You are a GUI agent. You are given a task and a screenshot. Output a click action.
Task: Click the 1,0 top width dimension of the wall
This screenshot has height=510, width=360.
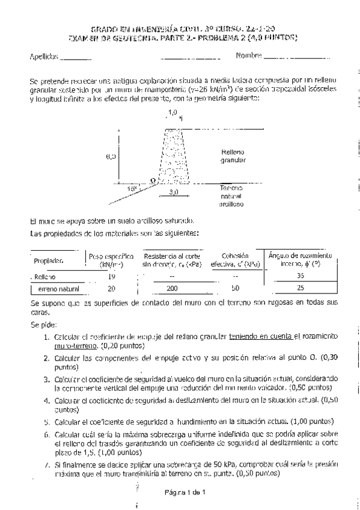tap(172, 113)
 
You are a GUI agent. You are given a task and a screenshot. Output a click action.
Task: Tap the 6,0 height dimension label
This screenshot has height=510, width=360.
tap(111, 156)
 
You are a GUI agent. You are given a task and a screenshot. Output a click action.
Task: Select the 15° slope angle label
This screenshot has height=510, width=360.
tap(132, 189)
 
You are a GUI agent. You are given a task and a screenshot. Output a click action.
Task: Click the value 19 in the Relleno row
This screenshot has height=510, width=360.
tap(111, 276)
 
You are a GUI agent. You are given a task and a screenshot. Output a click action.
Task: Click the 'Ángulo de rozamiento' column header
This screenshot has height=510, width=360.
tap(300, 255)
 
